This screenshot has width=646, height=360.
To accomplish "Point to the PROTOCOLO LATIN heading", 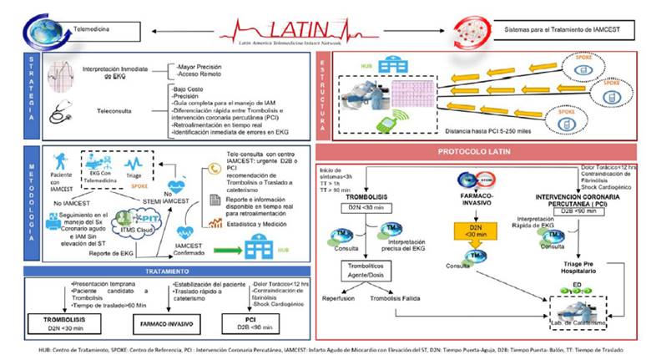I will point(473,151).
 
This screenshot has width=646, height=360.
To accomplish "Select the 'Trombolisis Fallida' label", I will point(395,297).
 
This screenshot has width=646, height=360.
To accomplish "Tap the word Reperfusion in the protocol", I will point(338,297).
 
